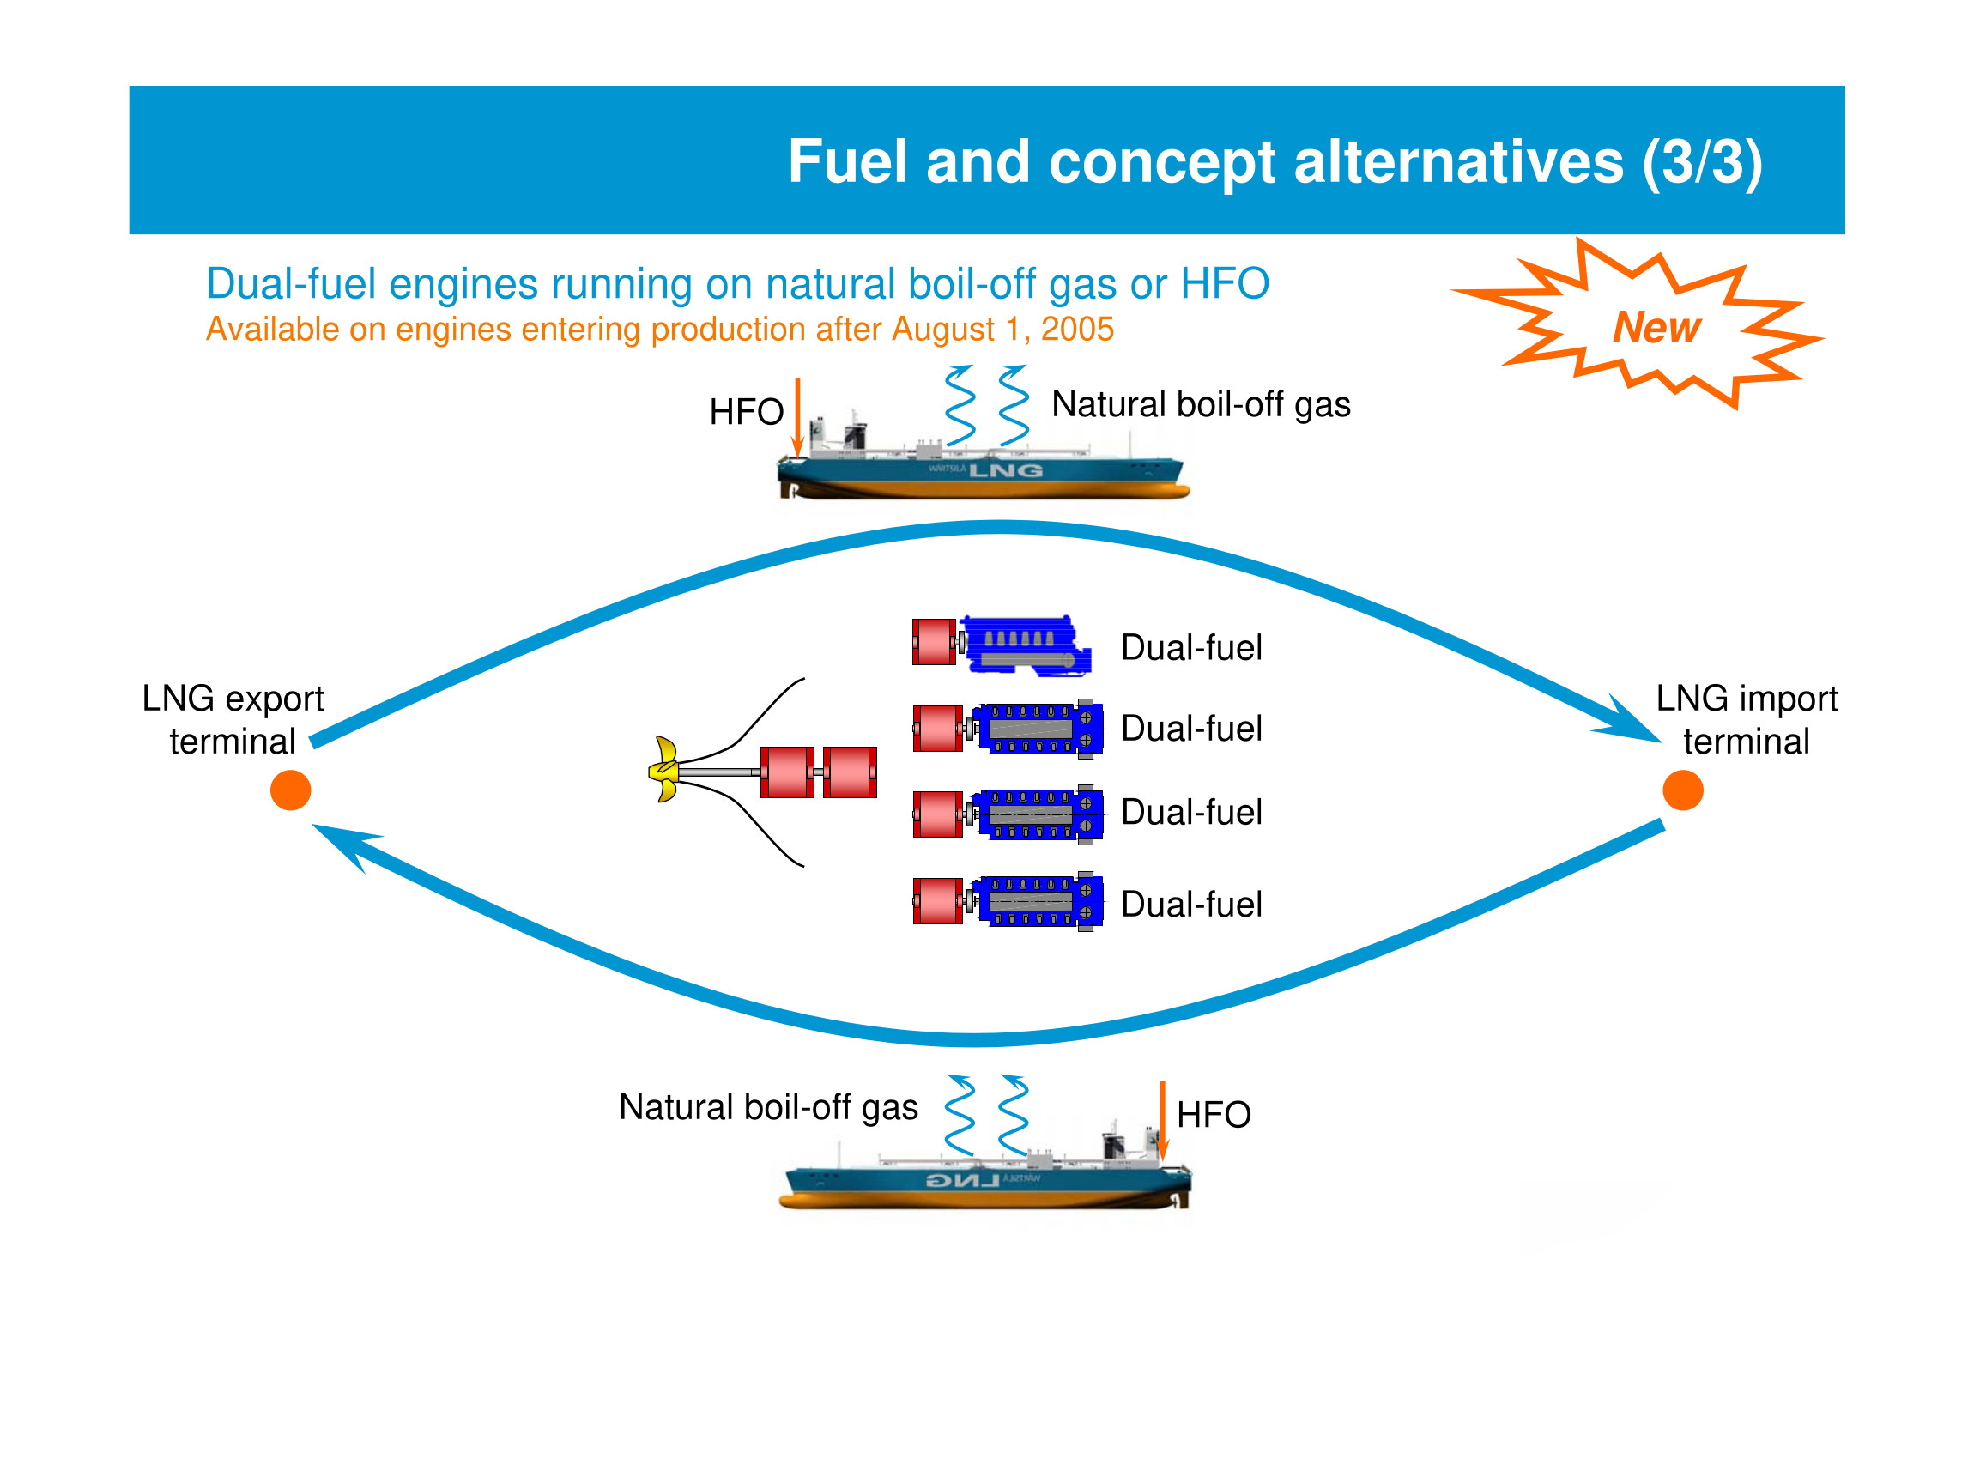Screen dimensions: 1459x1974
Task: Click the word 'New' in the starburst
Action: click(1656, 328)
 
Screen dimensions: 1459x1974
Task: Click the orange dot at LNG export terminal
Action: click(291, 790)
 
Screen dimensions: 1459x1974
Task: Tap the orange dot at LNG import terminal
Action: click(1682, 790)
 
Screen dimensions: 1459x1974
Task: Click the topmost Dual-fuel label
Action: click(1190, 647)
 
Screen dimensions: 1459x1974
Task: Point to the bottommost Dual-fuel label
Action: click(1190, 905)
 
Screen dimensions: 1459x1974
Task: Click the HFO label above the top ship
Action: click(747, 412)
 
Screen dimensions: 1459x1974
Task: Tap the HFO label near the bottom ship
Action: click(1214, 1115)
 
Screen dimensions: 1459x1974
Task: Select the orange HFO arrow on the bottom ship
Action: click(1162, 1119)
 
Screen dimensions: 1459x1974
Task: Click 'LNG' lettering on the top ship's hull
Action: click(1006, 470)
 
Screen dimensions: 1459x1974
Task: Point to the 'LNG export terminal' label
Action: click(233, 720)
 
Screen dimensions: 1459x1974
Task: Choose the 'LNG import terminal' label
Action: click(1746, 720)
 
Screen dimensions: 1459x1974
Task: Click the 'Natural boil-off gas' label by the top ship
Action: click(1201, 404)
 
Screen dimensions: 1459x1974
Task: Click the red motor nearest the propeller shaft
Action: click(787, 772)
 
